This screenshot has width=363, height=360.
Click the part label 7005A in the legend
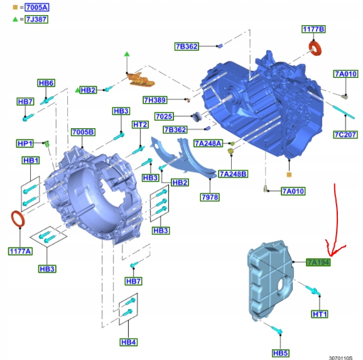(x=35, y=7)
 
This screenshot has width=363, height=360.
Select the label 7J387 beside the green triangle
(x=35, y=19)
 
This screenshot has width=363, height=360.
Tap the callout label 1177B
(x=313, y=30)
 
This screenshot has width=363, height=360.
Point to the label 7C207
(x=345, y=134)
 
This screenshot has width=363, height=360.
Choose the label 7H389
(x=154, y=100)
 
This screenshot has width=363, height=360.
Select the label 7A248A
(x=208, y=143)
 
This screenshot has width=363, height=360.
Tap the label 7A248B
(x=233, y=173)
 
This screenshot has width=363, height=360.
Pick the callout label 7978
(x=210, y=197)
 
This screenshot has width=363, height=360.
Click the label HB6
(x=46, y=83)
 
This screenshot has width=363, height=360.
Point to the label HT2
(x=139, y=124)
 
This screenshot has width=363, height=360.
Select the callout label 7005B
(x=83, y=132)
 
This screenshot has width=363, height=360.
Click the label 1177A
(x=19, y=251)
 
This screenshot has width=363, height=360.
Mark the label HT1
(x=320, y=314)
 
